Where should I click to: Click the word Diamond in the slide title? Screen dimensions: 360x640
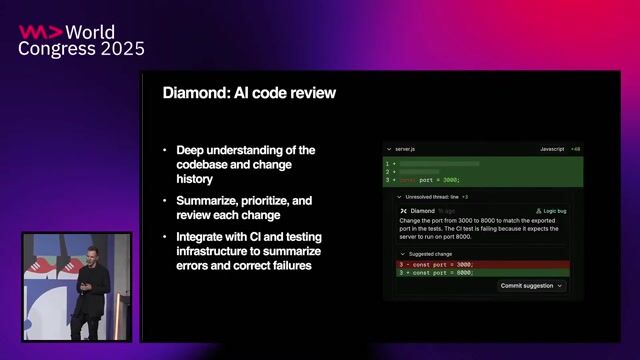click(x=194, y=93)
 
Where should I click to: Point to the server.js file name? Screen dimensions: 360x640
click(x=406, y=149)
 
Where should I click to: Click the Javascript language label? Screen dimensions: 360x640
click(x=552, y=149)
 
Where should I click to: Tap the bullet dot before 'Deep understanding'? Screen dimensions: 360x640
click(x=166, y=150)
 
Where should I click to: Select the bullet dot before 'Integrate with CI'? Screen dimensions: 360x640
click(x=166, y=236)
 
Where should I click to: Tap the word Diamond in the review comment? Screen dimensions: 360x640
click(x=423, y=211)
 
